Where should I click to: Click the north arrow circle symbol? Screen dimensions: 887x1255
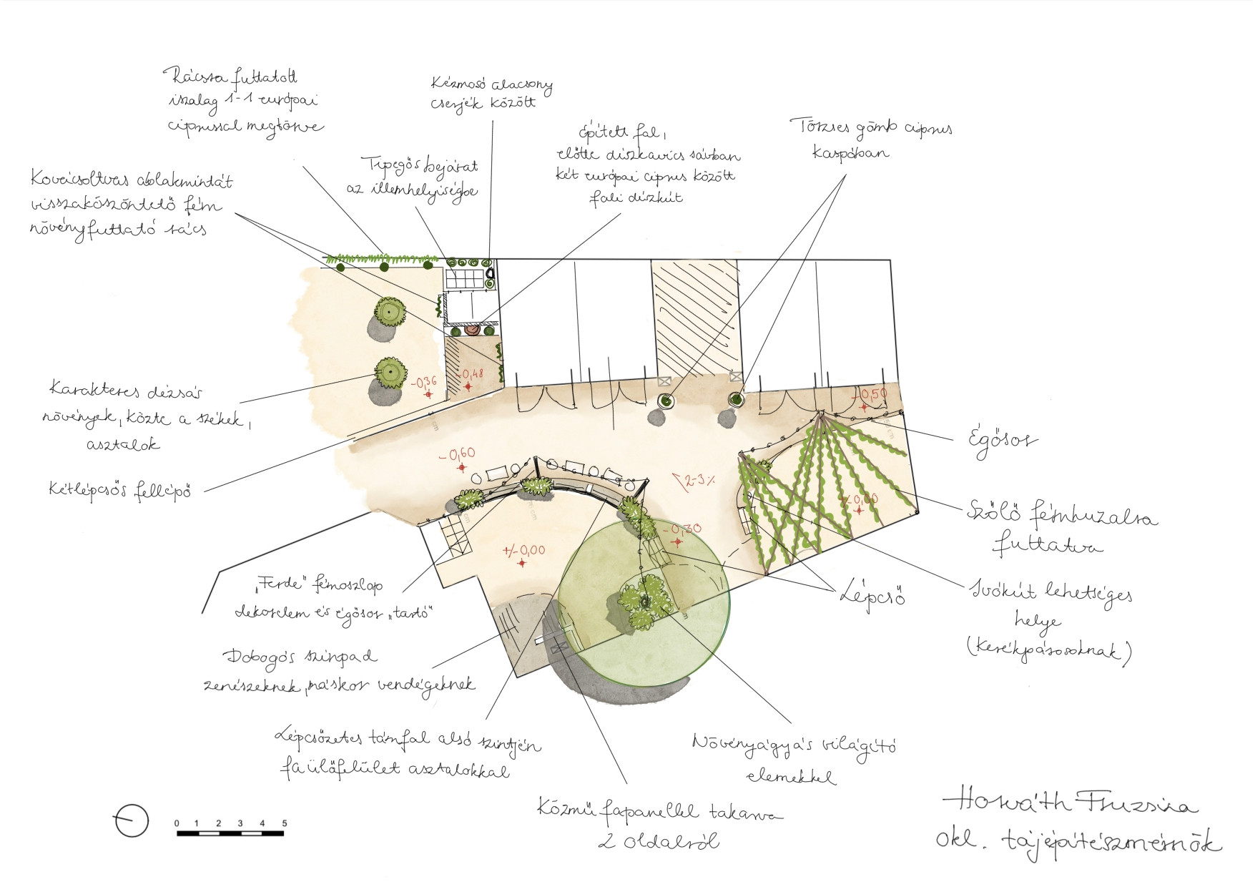point(132,820)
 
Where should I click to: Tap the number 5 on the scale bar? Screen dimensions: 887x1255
point(284,823)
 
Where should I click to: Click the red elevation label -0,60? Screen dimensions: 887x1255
point(457,454)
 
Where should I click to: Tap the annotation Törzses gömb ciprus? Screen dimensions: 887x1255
point(870,129)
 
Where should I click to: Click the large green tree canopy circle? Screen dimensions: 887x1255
point(644,608)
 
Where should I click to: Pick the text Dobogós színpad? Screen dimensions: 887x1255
point(300,657)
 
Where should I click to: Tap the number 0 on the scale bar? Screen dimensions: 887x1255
point(177,823)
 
